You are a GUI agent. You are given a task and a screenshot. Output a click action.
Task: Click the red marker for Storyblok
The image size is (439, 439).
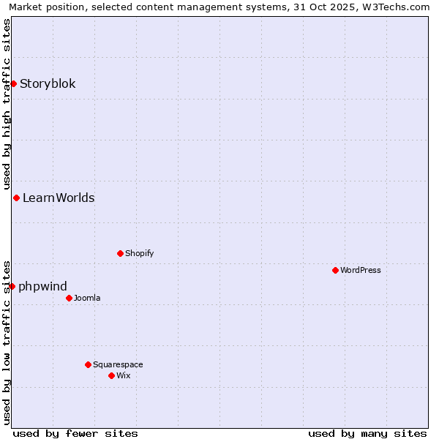13,83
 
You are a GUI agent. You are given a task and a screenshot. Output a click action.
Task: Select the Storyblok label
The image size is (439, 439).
48,83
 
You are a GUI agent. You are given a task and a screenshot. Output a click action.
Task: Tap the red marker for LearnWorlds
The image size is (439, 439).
16,198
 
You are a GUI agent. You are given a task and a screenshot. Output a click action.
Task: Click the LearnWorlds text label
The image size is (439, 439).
59,198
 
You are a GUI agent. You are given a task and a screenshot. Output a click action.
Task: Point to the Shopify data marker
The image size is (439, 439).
120,253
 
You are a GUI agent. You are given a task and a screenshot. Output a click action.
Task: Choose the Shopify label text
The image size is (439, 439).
139,253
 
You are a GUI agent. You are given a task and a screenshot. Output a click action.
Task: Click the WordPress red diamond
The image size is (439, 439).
335,270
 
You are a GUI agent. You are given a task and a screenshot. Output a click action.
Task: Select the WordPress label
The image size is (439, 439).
361,270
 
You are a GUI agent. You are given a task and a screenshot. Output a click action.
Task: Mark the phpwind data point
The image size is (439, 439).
12,286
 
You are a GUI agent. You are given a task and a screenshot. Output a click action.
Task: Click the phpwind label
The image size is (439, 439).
42,286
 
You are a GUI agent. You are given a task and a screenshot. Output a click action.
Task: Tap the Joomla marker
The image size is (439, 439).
69,298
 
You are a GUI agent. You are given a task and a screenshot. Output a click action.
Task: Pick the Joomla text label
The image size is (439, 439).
87,298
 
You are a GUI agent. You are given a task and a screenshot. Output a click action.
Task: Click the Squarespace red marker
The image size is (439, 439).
88,364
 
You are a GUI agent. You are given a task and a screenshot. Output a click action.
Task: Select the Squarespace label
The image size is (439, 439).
118,364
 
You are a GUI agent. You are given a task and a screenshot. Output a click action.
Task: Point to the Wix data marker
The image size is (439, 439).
111,375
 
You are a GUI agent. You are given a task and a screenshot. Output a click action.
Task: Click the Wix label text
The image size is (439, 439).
124,375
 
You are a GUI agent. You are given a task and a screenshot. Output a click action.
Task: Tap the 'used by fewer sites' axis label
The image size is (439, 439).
75,433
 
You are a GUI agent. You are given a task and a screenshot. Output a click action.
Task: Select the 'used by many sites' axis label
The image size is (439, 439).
367,433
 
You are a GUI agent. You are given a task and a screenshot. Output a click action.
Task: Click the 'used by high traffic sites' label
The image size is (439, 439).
7,102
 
